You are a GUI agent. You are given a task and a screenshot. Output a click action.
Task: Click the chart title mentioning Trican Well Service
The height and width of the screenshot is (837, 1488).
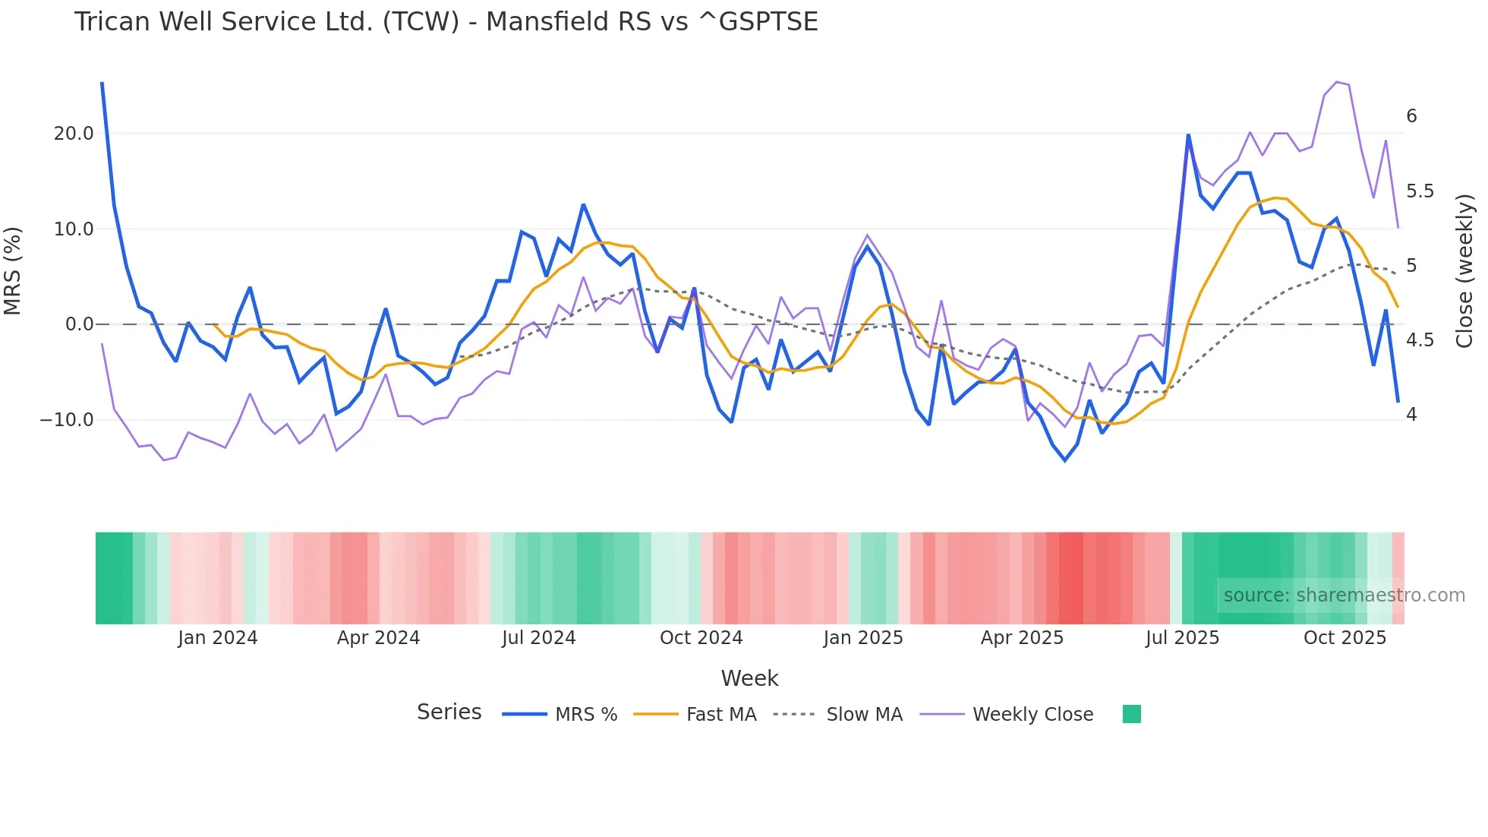(x=446, y=22)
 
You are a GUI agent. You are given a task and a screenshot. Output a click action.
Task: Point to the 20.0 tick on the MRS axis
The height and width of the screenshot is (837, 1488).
(x=74, y=134)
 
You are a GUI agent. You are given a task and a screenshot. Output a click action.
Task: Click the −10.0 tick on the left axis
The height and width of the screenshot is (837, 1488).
(x=67, y=420)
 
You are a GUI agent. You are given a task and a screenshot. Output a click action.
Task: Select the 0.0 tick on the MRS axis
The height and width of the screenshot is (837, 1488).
(x=79, y=324)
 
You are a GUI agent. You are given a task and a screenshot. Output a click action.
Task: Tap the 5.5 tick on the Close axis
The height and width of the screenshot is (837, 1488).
(x=1420, y=191)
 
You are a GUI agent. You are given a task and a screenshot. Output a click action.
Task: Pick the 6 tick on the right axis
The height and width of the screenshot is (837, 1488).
(x=1411, y=116)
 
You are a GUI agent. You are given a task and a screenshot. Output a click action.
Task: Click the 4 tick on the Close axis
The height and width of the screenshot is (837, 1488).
(x=1411, y=415)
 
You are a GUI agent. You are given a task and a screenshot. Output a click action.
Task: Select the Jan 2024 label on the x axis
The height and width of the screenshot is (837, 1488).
(x=218, y=638)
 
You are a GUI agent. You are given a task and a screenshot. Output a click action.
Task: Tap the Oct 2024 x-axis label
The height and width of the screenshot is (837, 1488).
(x=701, y=638)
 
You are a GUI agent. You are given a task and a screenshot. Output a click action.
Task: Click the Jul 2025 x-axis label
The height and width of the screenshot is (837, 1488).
(x=1182, y=638)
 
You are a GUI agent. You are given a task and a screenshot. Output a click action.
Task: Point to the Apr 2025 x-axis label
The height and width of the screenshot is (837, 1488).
(x=1022, y=638)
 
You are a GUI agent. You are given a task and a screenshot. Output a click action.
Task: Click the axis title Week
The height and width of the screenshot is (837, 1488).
(x=749, y=678)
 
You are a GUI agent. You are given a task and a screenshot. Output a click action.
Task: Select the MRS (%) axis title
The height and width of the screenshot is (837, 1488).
(x=13, y=271)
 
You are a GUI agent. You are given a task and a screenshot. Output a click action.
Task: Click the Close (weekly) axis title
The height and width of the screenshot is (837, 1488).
(x=1464, y=271)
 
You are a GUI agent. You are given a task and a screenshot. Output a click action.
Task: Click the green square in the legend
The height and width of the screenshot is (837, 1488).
(x=1131, y=714)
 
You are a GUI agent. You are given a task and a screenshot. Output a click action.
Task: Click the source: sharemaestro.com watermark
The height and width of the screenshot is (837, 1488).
(x=1344, y=595)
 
